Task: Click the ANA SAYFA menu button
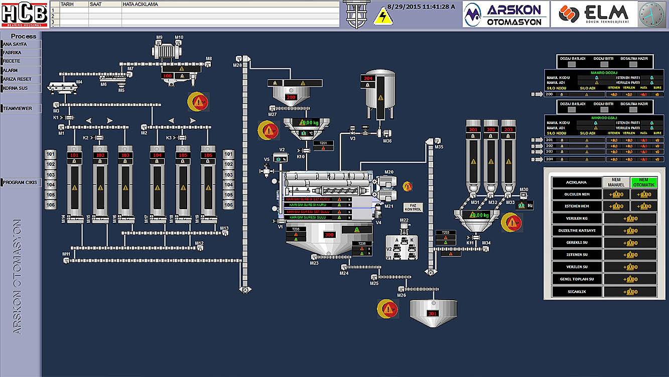(21, 44)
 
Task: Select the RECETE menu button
(21, 61)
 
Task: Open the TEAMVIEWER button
(21, 108)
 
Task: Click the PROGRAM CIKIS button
(21, 182)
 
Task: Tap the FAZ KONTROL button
(414, 207)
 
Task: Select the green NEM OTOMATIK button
(644, 182)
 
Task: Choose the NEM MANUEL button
(616, 182)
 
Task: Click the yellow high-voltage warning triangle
(383, 17)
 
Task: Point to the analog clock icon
(651, 14)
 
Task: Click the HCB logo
(24, 14)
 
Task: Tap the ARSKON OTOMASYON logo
(505, 14)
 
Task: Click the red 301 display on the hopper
(433, 314)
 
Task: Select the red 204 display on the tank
(368, 78)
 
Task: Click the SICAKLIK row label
(576, 292)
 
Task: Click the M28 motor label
(237, 65)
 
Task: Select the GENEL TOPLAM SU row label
(576, 279)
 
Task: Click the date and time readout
(421, 7)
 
